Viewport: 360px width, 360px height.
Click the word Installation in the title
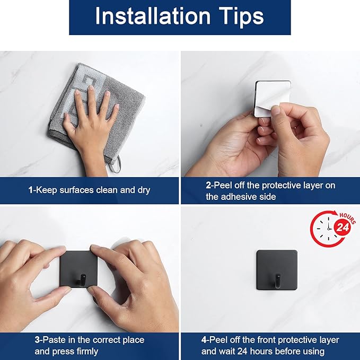point(153,15)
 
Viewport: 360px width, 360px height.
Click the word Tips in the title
point(241,17)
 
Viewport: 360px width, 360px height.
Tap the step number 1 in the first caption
point(31,190)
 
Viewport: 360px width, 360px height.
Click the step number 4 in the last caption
point(204,340)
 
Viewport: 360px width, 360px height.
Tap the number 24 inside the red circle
point(343,227)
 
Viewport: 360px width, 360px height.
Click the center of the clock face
point(329,229)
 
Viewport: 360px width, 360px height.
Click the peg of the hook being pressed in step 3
point(82,280)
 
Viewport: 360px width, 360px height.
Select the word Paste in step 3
point(53,340)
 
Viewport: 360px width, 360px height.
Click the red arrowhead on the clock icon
point(336,213)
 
